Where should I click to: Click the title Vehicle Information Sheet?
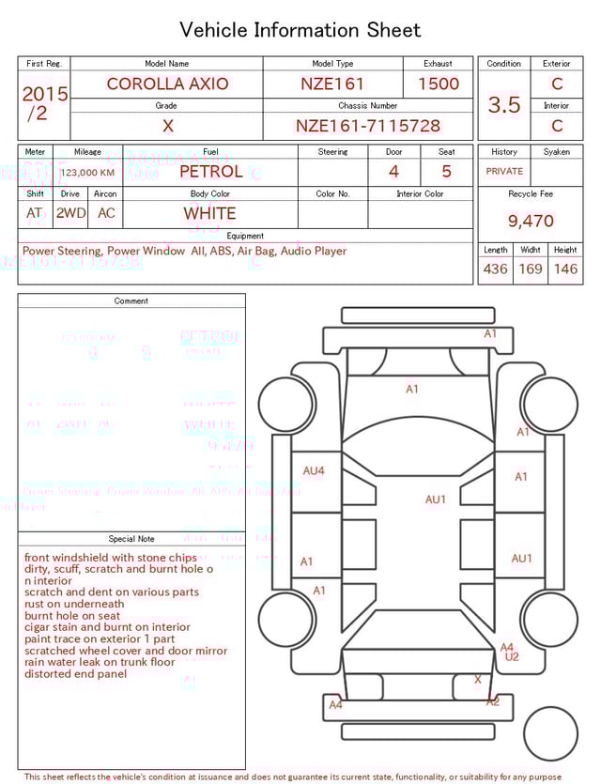pos(300,30)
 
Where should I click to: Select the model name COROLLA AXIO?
pos(167,84)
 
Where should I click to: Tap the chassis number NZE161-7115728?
pos(368,126)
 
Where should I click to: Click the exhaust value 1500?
pos(439,84)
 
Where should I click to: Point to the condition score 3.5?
pos(504,105)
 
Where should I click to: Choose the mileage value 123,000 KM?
pos(87,173)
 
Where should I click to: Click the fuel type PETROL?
pos(210,172)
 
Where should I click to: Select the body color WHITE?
pos(209,213)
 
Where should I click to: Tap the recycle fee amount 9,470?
pos(531,222)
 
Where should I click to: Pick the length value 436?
pos(495,269)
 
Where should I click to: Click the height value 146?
pos(565,269)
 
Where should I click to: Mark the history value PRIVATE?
pos(504,172)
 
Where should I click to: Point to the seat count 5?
pos(446,172)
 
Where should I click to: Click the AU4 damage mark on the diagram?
pos(314,470)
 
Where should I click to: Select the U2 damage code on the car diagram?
pos(512,657)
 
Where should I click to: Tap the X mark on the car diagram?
pos(478,679)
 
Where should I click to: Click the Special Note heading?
pos(131,539)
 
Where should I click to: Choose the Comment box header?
pos(131,301)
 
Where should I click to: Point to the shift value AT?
pos(35,213)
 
